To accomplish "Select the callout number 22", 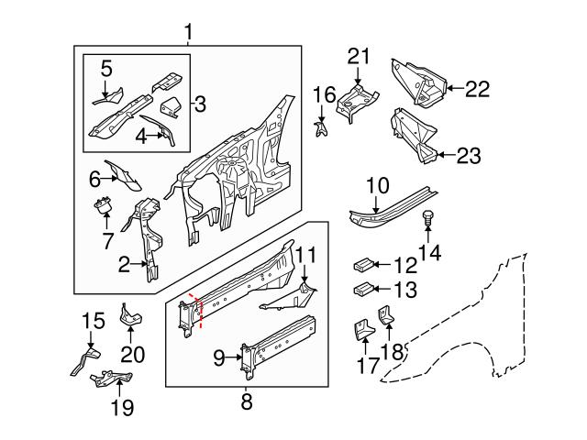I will [x=478, y=89].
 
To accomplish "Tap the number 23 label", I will [x=468, y=156].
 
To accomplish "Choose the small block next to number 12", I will [x=361, y=266].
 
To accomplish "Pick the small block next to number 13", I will [x=361, y=291].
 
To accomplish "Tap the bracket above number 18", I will [x=388, y=316].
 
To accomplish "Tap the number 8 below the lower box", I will [x=246, y=401].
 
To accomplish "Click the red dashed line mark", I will [x=194, y=310].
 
